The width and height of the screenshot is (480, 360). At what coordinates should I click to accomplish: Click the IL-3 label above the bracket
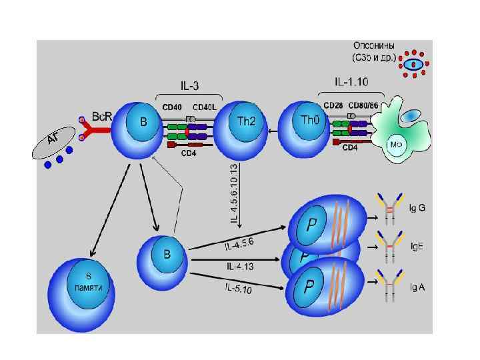tap(191, 85)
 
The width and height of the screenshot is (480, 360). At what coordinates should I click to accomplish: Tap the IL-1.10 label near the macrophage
tap(351, 82)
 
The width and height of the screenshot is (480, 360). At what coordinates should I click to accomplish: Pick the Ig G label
tap(417, 207)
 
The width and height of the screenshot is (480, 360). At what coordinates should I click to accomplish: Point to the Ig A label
tap(417, 287)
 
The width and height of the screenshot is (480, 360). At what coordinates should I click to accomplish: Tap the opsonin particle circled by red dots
tap(413, 65)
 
